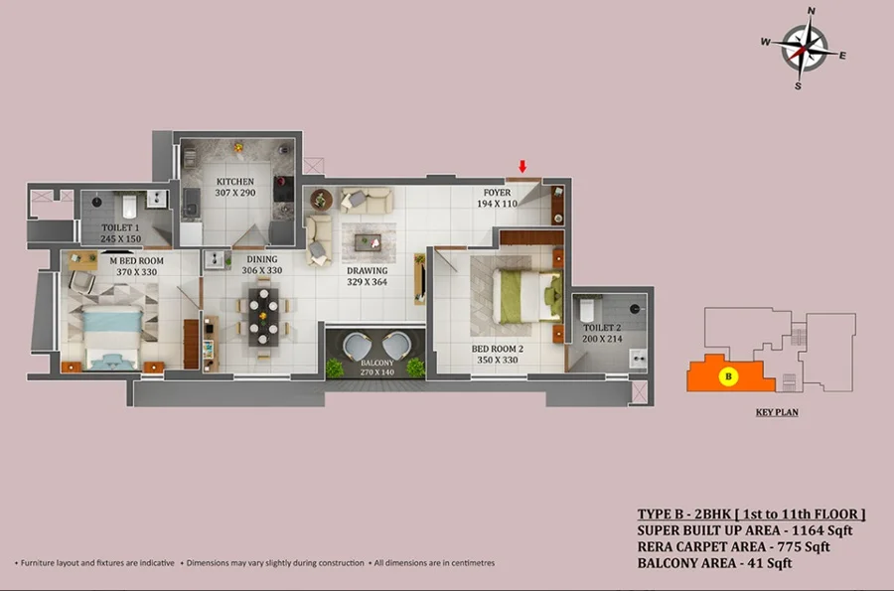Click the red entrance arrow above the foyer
tap(521, 166)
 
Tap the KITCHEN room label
tap(234, 181)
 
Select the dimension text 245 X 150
tap(121, 238)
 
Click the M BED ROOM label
tap(137, 260)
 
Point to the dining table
tap(263, 317)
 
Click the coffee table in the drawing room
tap(368, 243)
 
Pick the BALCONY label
tap(376, 363)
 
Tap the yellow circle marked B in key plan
tap(728, 376)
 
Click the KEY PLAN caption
tap(777, 412)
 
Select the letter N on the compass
tap(812, 11)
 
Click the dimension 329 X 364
tap(367, 281)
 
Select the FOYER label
tap(498, 193)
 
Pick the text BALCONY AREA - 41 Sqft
tap(715, 563)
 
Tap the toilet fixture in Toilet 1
tap(129, 206)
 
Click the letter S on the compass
tap(798, 86)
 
